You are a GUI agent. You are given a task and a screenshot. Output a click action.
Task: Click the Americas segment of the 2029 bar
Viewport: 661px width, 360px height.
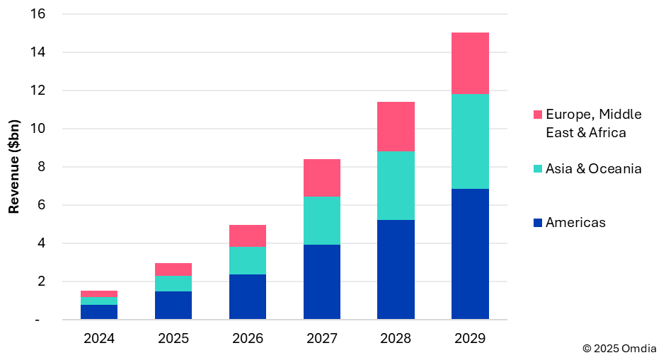[x=470, y=254]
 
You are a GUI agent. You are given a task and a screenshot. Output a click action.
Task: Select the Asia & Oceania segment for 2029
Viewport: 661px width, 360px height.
[x=470, y=141]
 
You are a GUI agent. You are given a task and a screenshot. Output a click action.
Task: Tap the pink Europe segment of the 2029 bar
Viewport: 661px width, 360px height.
[x=470, y=63]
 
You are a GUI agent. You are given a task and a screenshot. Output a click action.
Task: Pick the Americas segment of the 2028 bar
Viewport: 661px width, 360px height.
[x=396, y=269]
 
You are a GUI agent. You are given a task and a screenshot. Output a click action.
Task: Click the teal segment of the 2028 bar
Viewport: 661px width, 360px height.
[x=396, y=185]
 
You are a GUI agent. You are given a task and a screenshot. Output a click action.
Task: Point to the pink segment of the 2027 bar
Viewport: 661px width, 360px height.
[x=322, y=178]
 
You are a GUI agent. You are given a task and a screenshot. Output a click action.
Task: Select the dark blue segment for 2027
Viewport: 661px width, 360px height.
[x=322, y=281]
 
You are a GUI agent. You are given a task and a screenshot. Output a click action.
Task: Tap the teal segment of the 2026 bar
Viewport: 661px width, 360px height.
[x=248, y=260]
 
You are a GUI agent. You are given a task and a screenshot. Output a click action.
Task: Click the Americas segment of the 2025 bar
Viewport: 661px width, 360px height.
[x=173, y=305]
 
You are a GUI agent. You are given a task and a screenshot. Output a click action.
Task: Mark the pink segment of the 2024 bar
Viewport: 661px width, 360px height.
[x=100, y=294]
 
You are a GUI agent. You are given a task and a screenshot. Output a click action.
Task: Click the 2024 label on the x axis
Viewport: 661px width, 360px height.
[x=100, y=339]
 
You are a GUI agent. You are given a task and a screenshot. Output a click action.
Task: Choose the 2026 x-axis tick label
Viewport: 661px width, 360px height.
[x=248, y=339]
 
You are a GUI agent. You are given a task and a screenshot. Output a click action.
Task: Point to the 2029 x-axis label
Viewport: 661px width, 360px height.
[x=470, y=339]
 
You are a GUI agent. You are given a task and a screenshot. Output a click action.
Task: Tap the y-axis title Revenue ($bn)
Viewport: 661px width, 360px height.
[x=13, y=167]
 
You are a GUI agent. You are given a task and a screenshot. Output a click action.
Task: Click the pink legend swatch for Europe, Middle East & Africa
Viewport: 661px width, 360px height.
[x=537, y=115]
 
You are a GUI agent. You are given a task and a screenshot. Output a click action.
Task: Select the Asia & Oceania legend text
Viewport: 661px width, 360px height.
[x=593, y=168]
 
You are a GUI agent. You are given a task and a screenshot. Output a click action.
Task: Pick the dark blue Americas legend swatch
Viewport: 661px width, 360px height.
[x=537, y=223]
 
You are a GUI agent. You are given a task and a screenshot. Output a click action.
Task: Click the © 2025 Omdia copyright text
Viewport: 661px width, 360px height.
[x=619, y=349]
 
